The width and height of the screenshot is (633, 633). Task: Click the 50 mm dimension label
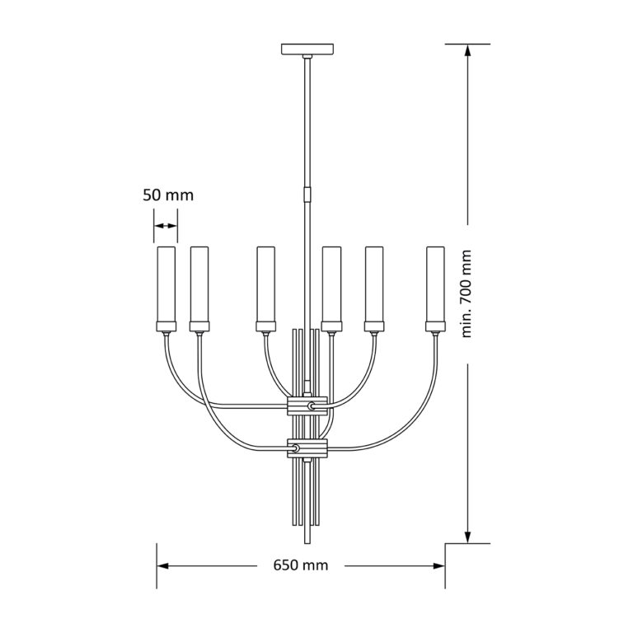pyautogui.click(x=167, y=195)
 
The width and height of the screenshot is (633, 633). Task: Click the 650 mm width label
pyautogui.click(x=300, y=565)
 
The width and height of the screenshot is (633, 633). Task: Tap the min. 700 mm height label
pyautogui.click(x=467, y=293)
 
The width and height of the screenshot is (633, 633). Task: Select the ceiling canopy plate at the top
pyautogui.click(x=309, y=49)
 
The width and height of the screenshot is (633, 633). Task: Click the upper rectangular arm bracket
pyautogui.click(x=307, y=406)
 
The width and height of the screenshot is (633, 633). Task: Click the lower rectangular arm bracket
pyautogui.click(x=307, y=449)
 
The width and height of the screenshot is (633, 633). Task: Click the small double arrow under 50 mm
pyautogui.click(x=165, y=226)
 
